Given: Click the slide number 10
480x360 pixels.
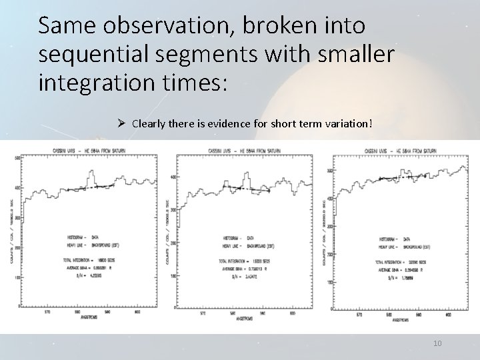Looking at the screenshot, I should click(437, 343).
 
